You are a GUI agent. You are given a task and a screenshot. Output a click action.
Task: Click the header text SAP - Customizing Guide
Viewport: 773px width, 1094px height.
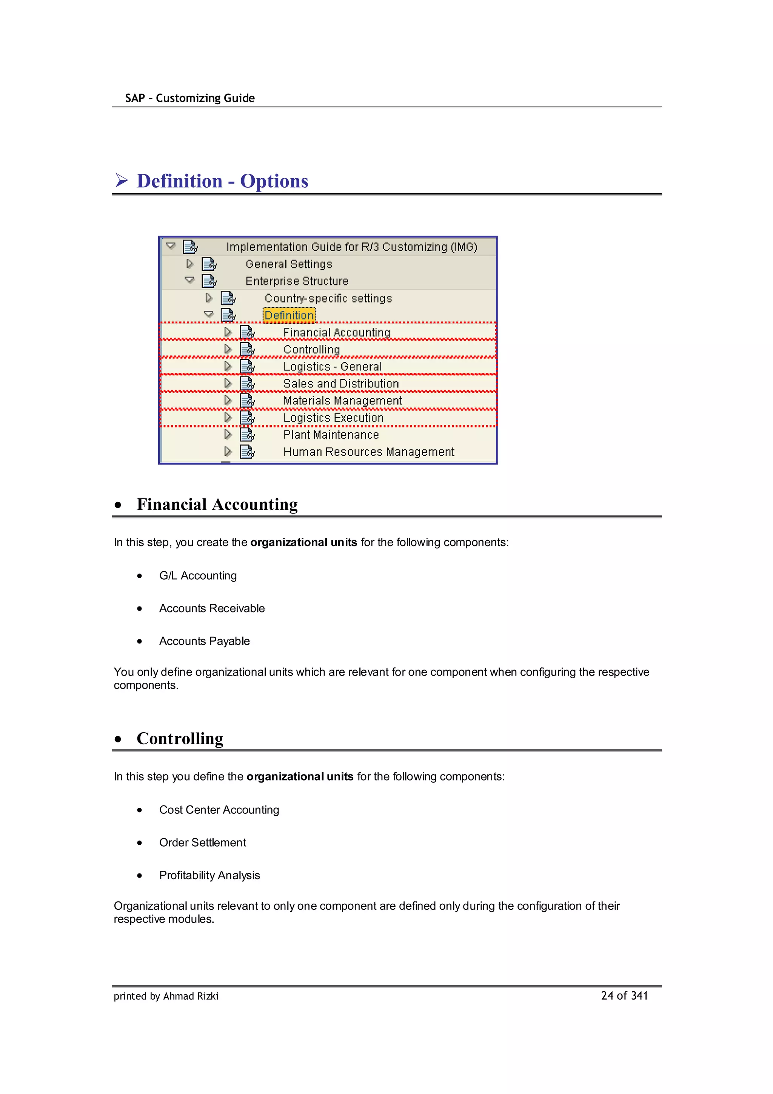click(189, 98)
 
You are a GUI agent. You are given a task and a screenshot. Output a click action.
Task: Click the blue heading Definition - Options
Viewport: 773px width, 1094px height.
click(222, 181)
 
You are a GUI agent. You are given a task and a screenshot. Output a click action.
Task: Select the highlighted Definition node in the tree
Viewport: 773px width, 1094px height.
click(289, 315)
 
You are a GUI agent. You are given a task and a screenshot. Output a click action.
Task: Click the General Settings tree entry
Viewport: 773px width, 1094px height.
click(289, 264)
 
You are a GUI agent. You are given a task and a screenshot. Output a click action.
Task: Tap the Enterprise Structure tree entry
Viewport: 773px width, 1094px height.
click(297, 281)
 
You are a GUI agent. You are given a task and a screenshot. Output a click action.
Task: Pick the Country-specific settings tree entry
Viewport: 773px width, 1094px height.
click(328, 298)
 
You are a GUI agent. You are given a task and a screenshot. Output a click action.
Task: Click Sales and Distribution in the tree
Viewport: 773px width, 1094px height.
click(341, 384)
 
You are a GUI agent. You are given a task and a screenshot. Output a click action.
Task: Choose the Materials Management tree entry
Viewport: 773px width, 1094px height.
click(342, 401)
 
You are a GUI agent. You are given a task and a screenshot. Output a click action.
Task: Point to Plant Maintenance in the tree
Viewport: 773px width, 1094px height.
click(331, 435)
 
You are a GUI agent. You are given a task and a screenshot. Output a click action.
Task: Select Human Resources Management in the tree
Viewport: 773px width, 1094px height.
click(369, 452)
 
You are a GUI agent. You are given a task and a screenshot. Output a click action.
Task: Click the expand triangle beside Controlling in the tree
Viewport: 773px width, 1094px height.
click(228, 349)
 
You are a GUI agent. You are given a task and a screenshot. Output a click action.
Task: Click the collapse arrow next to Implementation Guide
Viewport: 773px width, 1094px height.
click(171, 246)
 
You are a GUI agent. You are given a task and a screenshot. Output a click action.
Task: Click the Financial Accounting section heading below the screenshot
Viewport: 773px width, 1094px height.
click(217, 504)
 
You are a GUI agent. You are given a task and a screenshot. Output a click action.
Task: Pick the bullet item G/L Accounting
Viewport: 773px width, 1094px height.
click(198, 576)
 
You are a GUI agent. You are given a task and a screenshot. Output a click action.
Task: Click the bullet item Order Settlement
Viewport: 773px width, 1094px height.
click(202, 842)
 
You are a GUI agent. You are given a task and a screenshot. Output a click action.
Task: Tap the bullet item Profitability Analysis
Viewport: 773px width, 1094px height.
click(209, 875)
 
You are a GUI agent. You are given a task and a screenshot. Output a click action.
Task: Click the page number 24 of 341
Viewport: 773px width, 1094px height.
click(624, 995)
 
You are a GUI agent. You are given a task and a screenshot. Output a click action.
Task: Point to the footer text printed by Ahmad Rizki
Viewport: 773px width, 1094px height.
click(166, 996)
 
